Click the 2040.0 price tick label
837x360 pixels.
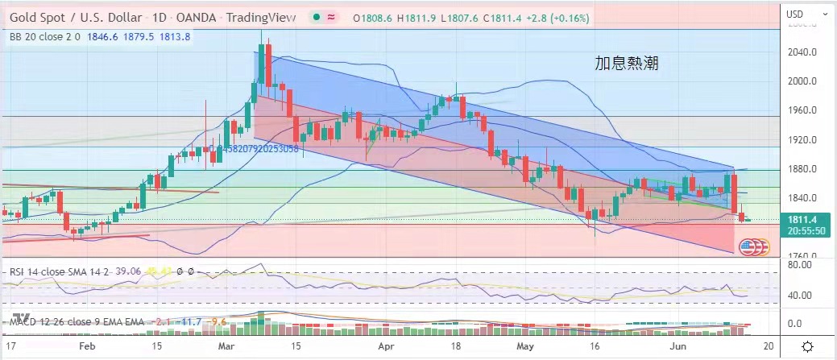click(803, 52)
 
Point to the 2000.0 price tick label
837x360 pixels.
click(803, 81)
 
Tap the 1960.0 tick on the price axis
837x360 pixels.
click(803, 110)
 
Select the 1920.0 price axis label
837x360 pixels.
click(803, 140)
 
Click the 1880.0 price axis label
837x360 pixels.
click(803, 169)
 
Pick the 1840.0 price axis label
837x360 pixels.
click(803, 198)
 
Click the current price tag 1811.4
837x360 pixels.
click(803, 219)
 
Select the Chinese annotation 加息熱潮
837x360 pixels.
click(621, 63)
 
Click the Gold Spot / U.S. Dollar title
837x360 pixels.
click(77, 19)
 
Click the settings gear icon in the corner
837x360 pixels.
click(808, 346)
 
